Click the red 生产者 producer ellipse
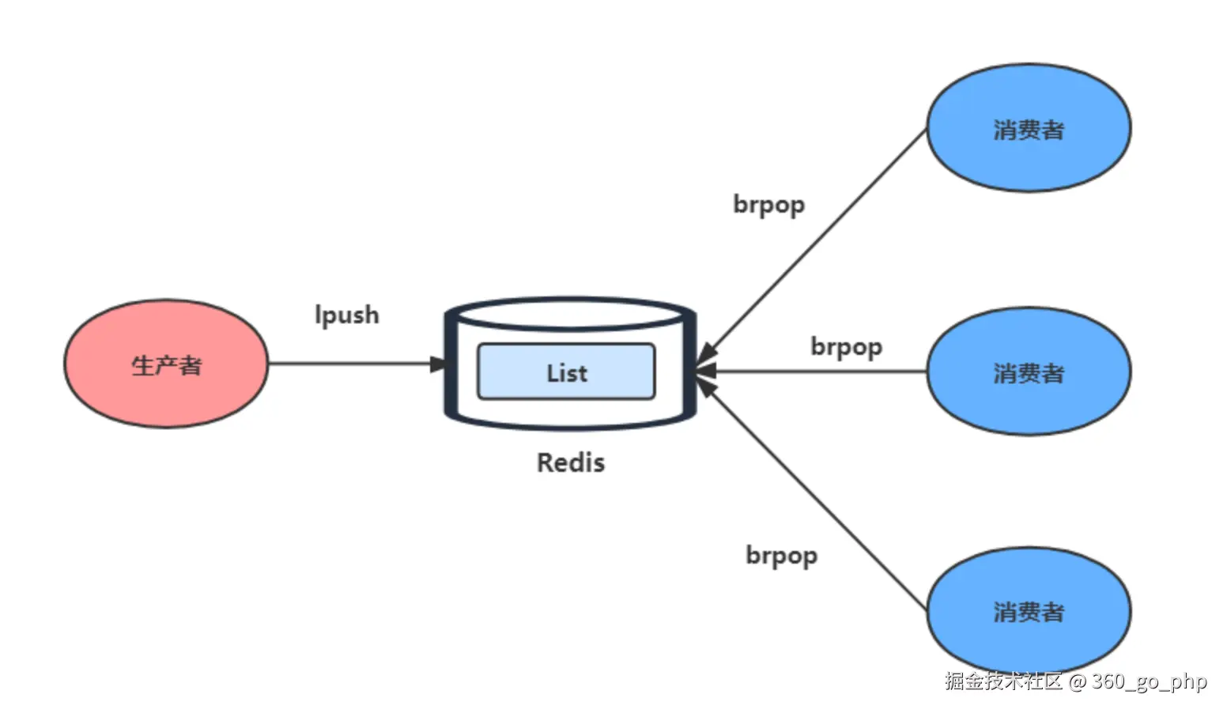click(x=167, y=364)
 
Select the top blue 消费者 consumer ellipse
click(x=1029, y=128)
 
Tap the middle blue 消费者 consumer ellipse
click(x=1029, y=372)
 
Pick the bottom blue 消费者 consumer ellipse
click(x=1029, y=610)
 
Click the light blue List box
click(x=566, y=372)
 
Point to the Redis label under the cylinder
click(x=571, y=462)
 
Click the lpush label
click(x=347, y=315)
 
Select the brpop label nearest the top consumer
click(x=769, y=206)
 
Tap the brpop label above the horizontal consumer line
click(x=846, y=347)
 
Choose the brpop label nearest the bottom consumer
click(x=782, y=556)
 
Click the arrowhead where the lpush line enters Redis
click(x=438, y=364)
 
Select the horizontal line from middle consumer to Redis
click(x=810, y=372)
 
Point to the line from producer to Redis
click(x=357, y=364)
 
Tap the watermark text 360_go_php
click(x=1150, y=682)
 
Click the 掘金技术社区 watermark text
click(x=1003, y=681)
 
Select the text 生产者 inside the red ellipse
click(x=167, y=366)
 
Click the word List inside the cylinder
click(x=567, y=373)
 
